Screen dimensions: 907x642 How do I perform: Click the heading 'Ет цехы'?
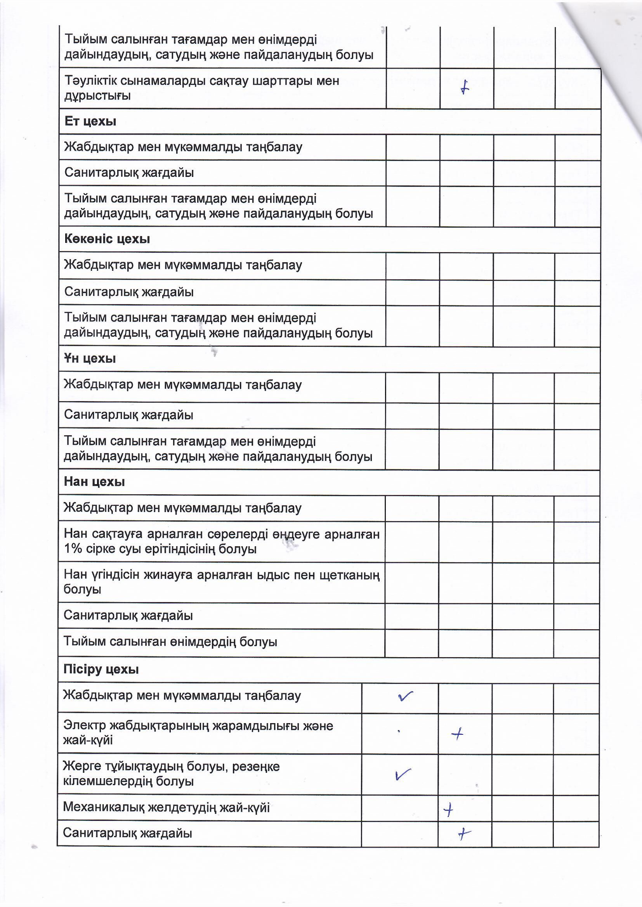pos(90,121)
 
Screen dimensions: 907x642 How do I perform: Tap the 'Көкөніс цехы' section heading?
pos(107,239)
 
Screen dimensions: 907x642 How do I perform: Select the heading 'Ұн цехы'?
pos(90,359)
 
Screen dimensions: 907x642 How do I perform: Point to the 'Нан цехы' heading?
pos(94,481)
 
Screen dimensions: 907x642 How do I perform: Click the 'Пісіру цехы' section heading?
pos(101,669)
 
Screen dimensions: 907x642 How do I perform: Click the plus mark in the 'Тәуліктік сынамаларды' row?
pos(465,87)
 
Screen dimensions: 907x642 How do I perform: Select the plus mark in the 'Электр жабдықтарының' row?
pos(457,734)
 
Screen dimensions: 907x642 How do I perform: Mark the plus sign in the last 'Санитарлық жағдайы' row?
pos(464,834)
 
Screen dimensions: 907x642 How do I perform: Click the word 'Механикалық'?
pos(104,807)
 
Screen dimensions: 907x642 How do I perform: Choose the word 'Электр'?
pos(84,726)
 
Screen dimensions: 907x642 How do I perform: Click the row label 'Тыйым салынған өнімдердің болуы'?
pos(170,642)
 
